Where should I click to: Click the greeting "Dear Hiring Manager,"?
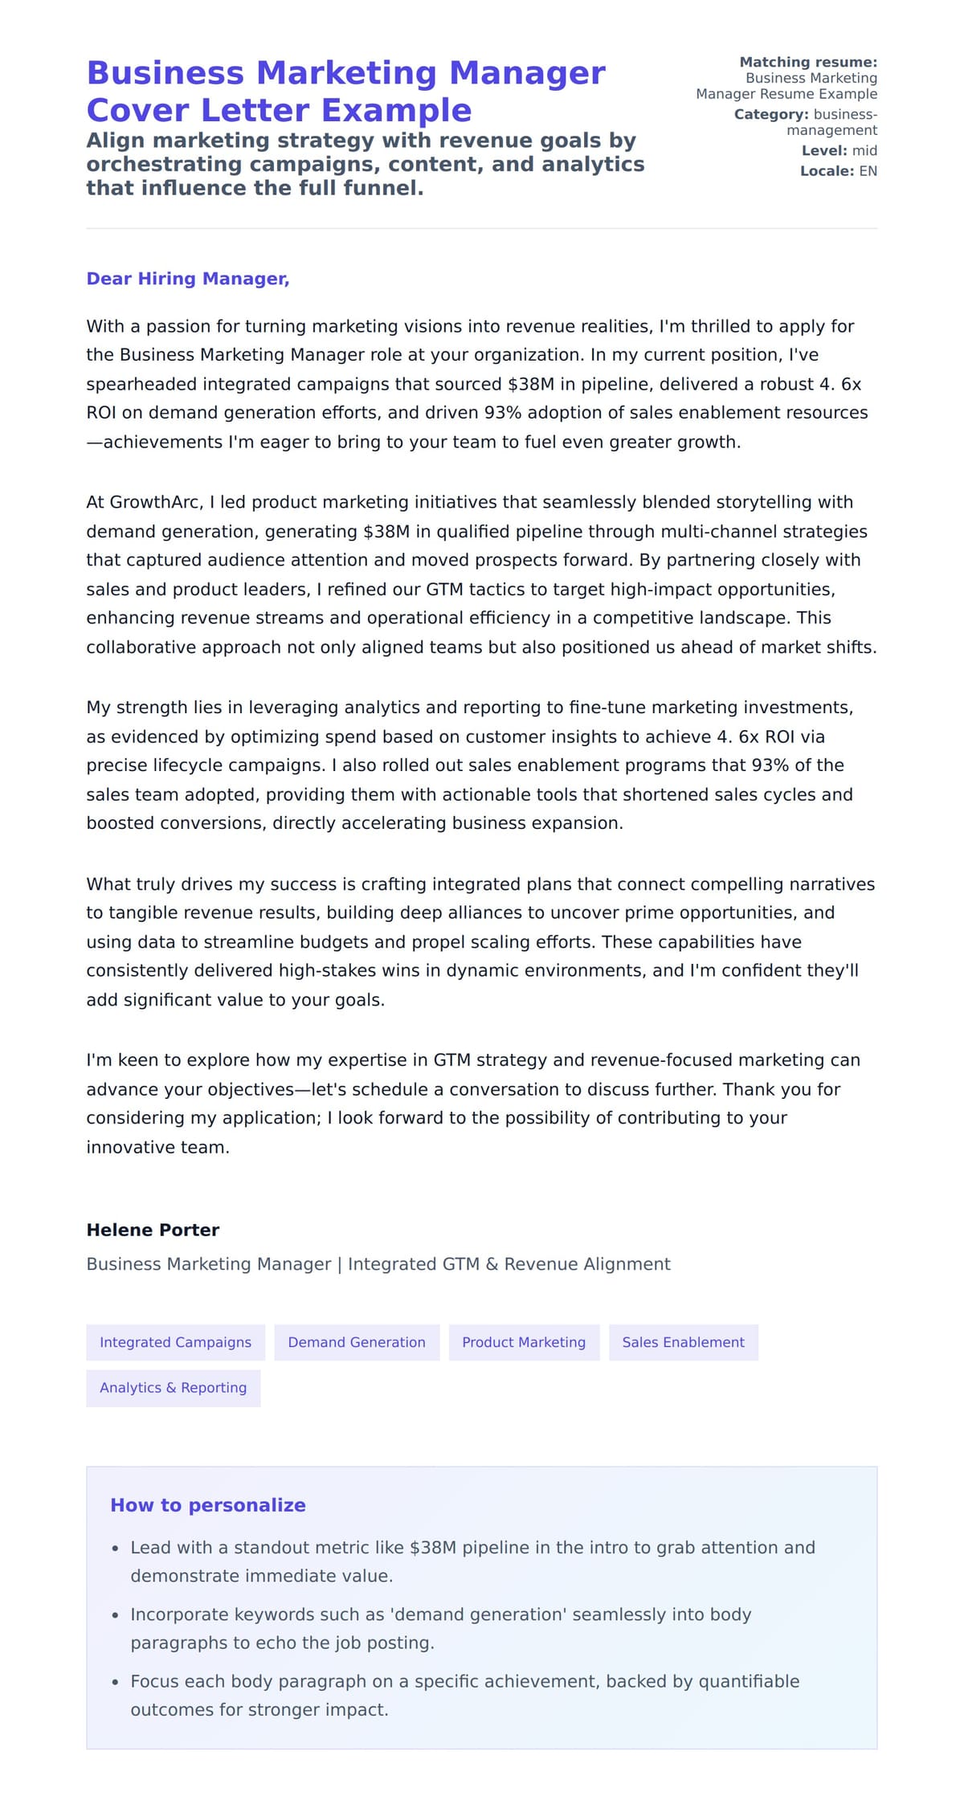click(x=187, y=279)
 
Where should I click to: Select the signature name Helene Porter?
click(x=153, y=1230)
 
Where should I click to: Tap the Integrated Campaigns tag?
click(x=175, y=1342)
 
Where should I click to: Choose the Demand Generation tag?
click(x=357, y=1342)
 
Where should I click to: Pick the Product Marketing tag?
click(x=524, y=1342)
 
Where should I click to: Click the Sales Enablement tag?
click(x=683, y=1342)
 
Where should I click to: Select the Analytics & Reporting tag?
click(x=173, y=1388)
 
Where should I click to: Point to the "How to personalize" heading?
click(x=208, y=1505)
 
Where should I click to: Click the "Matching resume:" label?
click(x=808, y=62)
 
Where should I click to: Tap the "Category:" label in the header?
click(x=771, y=114)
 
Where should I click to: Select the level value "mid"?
click(x=864, y=150)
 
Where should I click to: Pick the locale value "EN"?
click(x=868, y=171)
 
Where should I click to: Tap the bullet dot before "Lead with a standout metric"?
click(x=116, y=1548)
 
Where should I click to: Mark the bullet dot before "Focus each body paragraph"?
click(x=116, y=1682)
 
